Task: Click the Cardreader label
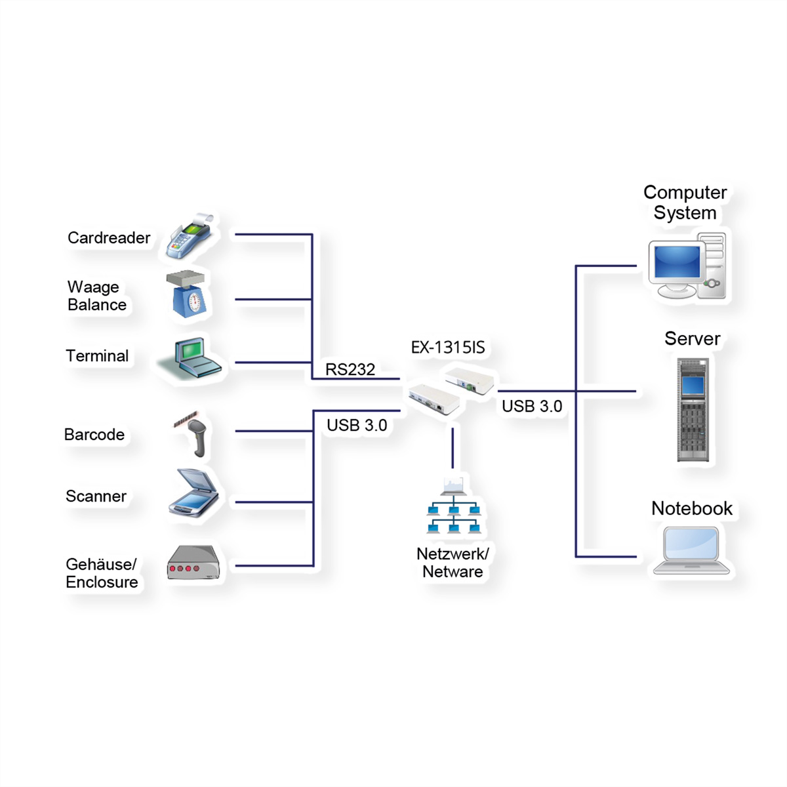click(x=109, y=237)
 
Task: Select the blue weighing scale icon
click(x=186, y=294)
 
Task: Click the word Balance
click(x=97, y=305)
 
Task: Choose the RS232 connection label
click(x=350, y=370)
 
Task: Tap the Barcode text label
click(x=94, y=435)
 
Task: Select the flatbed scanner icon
click(x=193, y=493)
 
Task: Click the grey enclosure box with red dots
click(x=193, y=563)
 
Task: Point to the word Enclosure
click(x=102, y=582)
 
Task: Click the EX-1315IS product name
click(x=448, y=347)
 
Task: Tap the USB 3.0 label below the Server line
click(x=532, y=406)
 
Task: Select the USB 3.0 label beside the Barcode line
click(x=357, y=425)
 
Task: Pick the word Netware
click(x=453, y=572)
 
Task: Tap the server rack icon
click(x=693, y=410)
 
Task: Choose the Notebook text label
click(x=692, y=508)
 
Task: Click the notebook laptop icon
click(x=691, y=550)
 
